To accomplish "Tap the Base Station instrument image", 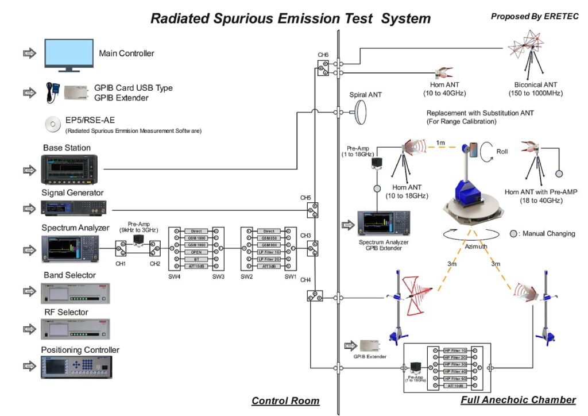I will tap(69, 170).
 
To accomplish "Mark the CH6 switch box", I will tap(323, 68).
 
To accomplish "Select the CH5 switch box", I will tap(313, 211).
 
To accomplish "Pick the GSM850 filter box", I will tap(269, 238).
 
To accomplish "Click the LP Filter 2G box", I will tap(269, 260).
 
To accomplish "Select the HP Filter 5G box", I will tap(455, 379).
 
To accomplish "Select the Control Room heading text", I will tap(285, 400).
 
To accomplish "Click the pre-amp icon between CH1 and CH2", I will tap(138, 240).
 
